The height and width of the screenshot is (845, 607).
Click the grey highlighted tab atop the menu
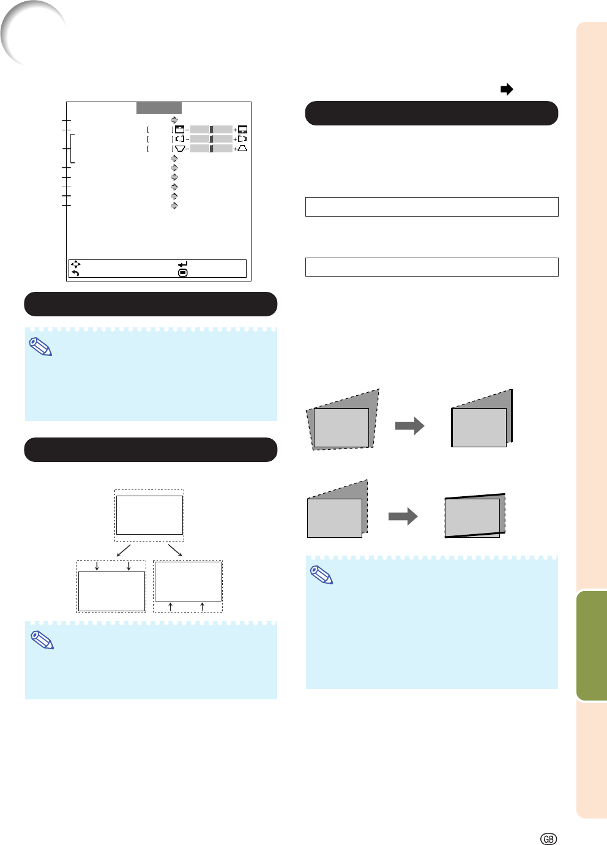coord(158,108)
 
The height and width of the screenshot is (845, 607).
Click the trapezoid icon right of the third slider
coord(243,148)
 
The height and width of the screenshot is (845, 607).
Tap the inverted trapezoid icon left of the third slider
coord(180,148)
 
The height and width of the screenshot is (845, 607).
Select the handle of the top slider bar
coord(211,130)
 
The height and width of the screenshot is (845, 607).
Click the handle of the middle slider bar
coord(211,139)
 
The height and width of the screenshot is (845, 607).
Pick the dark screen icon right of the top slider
coord(243,130)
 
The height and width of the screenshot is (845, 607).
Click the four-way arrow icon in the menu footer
coord(75,264)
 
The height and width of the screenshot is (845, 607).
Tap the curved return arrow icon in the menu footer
coord(75,273)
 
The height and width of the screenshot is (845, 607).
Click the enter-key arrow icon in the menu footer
coord(182,264)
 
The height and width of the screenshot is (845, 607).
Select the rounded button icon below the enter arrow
coord(182,273)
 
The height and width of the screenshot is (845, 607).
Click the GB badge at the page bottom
coord(549,839)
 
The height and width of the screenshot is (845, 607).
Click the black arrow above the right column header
coord(507,89)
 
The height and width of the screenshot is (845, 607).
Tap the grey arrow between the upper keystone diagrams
coord(409,426)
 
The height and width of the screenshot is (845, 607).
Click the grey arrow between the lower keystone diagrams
coord(403,516)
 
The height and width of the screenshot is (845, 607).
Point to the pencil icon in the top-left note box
coord(41,347)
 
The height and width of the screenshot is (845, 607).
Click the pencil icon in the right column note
coord(322,575)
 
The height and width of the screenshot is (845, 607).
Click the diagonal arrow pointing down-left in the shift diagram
coord(124,550)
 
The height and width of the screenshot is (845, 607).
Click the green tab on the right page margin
coord(592,645)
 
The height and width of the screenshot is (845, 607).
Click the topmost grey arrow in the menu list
coord(174,120)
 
